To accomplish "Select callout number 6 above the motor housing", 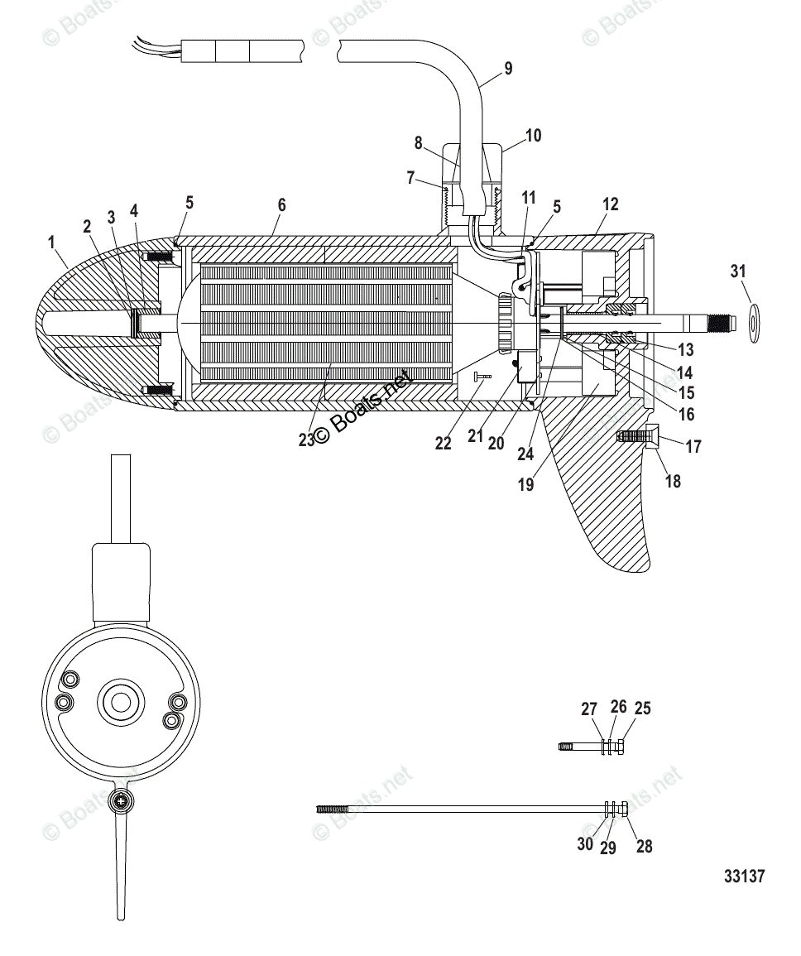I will (281, 204).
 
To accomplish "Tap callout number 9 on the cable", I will (507, 69).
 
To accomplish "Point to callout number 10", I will (533, 135).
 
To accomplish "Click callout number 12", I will (611, 204).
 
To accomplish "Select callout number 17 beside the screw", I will (693, 447).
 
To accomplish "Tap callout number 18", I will (673, 480).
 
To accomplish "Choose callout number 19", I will (526, 485).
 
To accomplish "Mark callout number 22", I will (444, 443).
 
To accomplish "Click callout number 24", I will (525, 454).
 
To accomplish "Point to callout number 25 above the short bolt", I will (642, 709).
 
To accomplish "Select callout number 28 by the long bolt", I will (644, 846).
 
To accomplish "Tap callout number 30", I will (585, 844).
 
